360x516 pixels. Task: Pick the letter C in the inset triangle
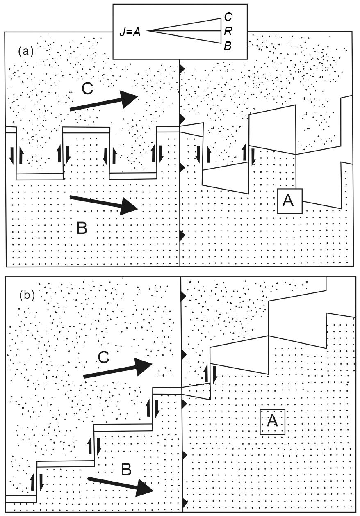228,17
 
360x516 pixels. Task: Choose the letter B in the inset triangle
228,46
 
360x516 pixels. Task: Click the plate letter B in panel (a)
82,228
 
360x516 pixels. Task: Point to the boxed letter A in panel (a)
289,201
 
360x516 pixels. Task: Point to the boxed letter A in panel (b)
273,421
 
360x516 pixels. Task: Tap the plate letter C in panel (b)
104,358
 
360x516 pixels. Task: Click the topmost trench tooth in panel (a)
182,67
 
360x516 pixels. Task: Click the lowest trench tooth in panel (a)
183,235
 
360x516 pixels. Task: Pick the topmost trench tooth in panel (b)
183,296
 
